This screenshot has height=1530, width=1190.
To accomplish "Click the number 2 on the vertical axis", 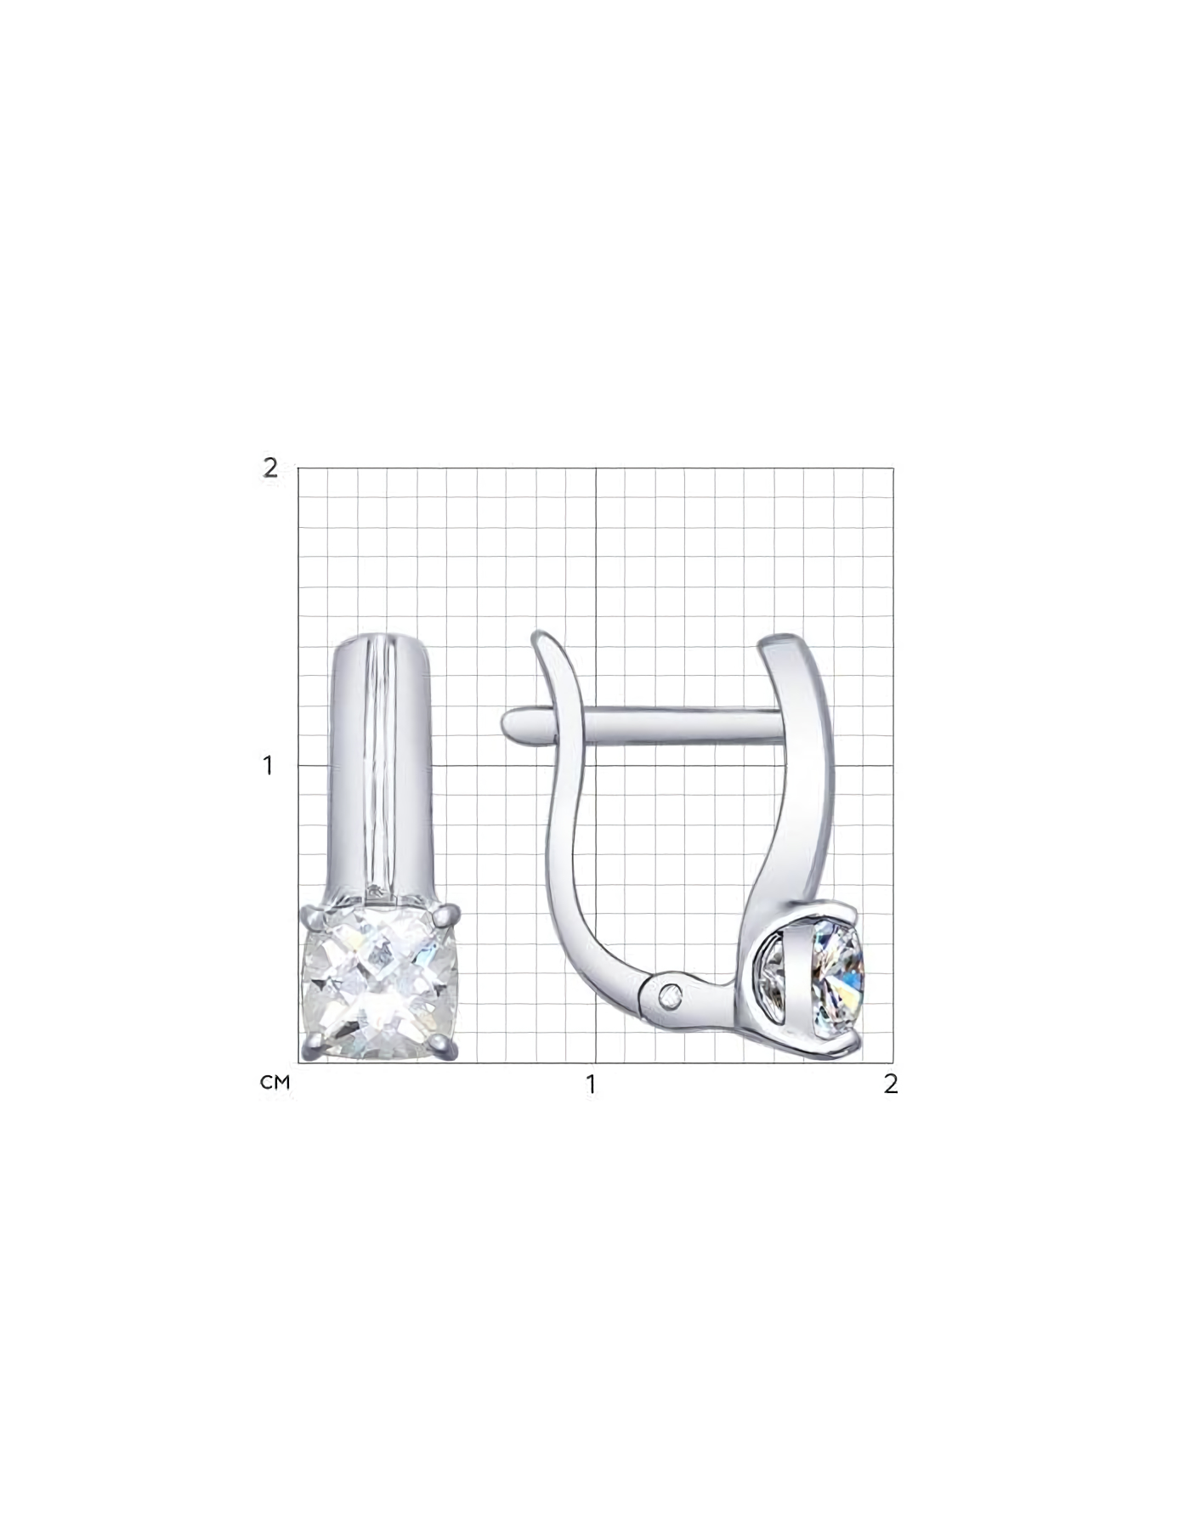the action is (x=269, y=467).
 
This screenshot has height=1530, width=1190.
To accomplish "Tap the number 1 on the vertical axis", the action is (x=269, y=765).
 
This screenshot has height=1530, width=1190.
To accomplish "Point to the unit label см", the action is (x=275, y=1083).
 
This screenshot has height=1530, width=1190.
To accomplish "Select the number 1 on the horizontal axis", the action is (x=591, y=1085).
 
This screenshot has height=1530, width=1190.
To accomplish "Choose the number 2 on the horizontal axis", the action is (x=890, y=1085).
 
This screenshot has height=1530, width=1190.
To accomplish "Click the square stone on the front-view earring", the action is (x=381, y=983).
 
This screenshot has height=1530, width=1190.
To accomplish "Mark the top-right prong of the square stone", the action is (x=449, y=915).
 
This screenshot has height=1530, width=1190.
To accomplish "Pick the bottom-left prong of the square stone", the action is (x=313, y=1051).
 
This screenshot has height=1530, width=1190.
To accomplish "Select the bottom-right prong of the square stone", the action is (x=448, y=1051).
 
